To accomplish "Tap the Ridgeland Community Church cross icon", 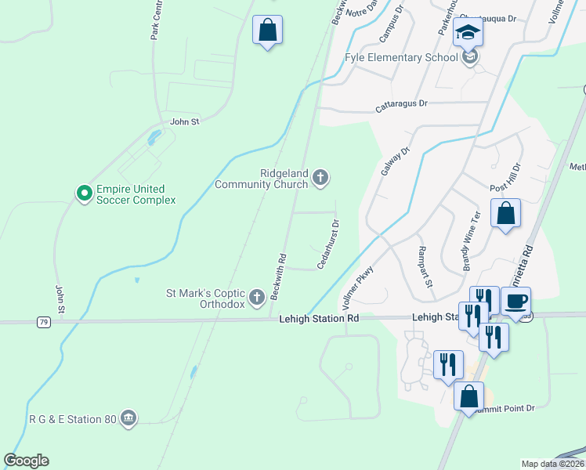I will (x=320, y=178).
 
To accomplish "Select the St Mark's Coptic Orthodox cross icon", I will (x=257, y=297).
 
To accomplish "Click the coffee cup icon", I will (x=516, y=302).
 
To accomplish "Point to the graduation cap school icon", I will (x=468, y=33).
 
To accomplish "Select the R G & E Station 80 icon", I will (x=128, y=420).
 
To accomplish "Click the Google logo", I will (x=27, y=461).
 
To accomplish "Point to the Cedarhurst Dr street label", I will (x=329, y=244).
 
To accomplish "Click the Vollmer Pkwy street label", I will (x=356, y=287).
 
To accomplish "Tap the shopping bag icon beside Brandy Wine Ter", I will (x=505, y=213).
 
